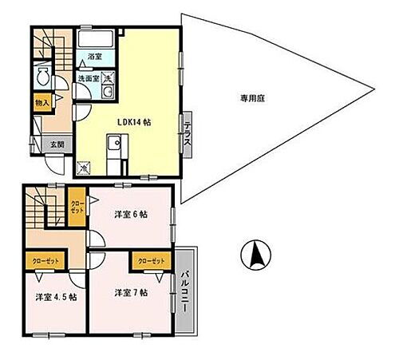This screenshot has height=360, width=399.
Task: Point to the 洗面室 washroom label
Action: click(88, 79)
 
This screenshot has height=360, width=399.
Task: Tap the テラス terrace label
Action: click(186, 130)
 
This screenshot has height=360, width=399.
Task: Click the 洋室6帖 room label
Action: click(129, 213)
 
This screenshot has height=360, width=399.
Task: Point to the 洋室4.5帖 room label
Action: click(56, 297)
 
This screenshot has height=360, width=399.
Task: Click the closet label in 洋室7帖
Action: click(151, 261)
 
